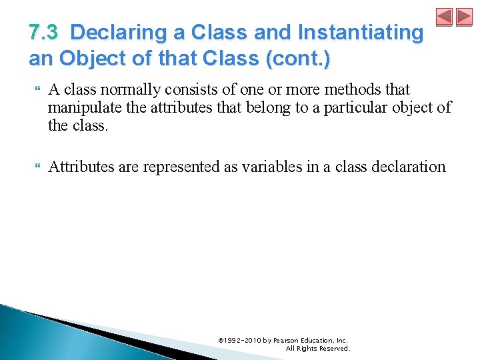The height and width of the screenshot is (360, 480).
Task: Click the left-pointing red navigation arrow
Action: [x=445, y=17]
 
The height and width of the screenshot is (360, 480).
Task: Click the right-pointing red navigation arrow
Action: [x=464, y=17]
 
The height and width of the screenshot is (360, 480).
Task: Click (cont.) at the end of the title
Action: [x=297, y=58]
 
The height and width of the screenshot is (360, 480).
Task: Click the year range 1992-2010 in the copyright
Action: [x=243, y=340]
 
